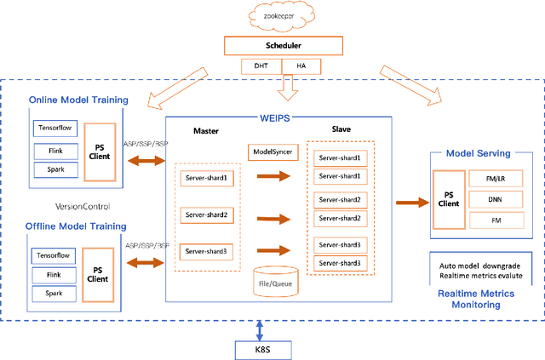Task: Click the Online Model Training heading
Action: click(x=78, y=100)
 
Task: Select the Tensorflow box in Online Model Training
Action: click(x=55, y=129)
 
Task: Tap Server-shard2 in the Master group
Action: click(x=205, y=214)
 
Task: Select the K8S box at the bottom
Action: click(x=260, y=349)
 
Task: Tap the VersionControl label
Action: click(x=83, y=207)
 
